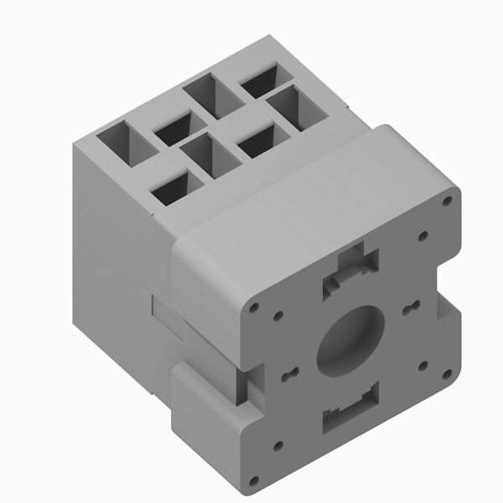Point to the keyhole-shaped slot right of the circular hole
pyautogui.click(x=410, y=308)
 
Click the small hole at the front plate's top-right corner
pyautogui.click(x=449, y=201)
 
